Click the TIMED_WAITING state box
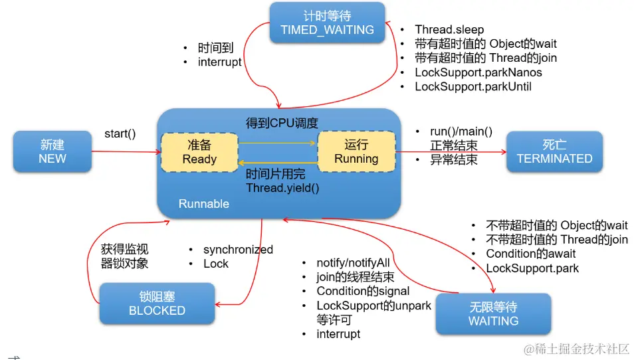coord(327,23)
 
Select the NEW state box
coord(52,151)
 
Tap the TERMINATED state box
coord(554,151)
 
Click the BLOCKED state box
coord(157,304)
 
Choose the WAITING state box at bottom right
coord(493,314)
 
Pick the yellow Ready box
coord(199,152)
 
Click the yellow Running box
coord(356,152)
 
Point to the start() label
coord(120,134)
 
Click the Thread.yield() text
coord(282,188)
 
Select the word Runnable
coord(204,204)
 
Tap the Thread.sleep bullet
coord(449,29)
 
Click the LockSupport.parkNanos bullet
coord(478,72)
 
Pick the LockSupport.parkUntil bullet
coord(473,86)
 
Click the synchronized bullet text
coord(238,250)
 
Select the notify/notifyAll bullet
coord(353,263)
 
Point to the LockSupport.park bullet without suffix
coord(532,268)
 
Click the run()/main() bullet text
coord(461,132)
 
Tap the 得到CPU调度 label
coord(282,123)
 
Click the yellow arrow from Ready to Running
coord(278,142)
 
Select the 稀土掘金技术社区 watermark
coord(576,348)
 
